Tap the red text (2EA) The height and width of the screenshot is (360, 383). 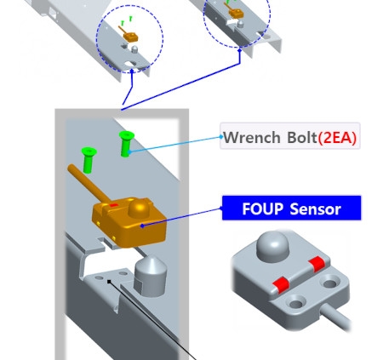[x=337, y=138]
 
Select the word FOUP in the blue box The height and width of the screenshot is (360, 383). [x=263, y=209]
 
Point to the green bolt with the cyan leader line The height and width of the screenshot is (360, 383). [x=126, y=143]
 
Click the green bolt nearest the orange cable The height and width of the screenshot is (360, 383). [x=89, y=160]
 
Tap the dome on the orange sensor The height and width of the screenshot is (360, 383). [x=140, y=208]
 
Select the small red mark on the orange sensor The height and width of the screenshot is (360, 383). [x=114, y=205]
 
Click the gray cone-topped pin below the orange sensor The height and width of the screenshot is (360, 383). [x=150, y=277]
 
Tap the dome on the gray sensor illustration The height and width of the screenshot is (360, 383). [x=272, y=246]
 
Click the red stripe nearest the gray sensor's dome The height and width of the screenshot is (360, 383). [x=317, y=264]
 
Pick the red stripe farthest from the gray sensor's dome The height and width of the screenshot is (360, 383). [x=280, y=285]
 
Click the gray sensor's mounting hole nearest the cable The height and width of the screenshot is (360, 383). [x=296, y=304]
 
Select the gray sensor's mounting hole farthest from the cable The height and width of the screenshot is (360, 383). [x=330, y=283]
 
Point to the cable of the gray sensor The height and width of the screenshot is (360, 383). [x=336, y=317]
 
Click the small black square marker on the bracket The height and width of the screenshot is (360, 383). [x=109, y=282]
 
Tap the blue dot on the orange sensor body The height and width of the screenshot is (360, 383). [x=142, y=226]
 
